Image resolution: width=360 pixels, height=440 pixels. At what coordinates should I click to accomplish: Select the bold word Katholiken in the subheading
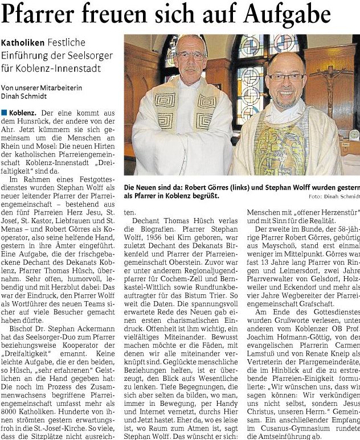click(21, 43)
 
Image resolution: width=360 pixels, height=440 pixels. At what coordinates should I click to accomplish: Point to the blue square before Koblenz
click(3, 113)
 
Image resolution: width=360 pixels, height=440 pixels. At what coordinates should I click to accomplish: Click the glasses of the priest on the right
click(286, 77)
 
